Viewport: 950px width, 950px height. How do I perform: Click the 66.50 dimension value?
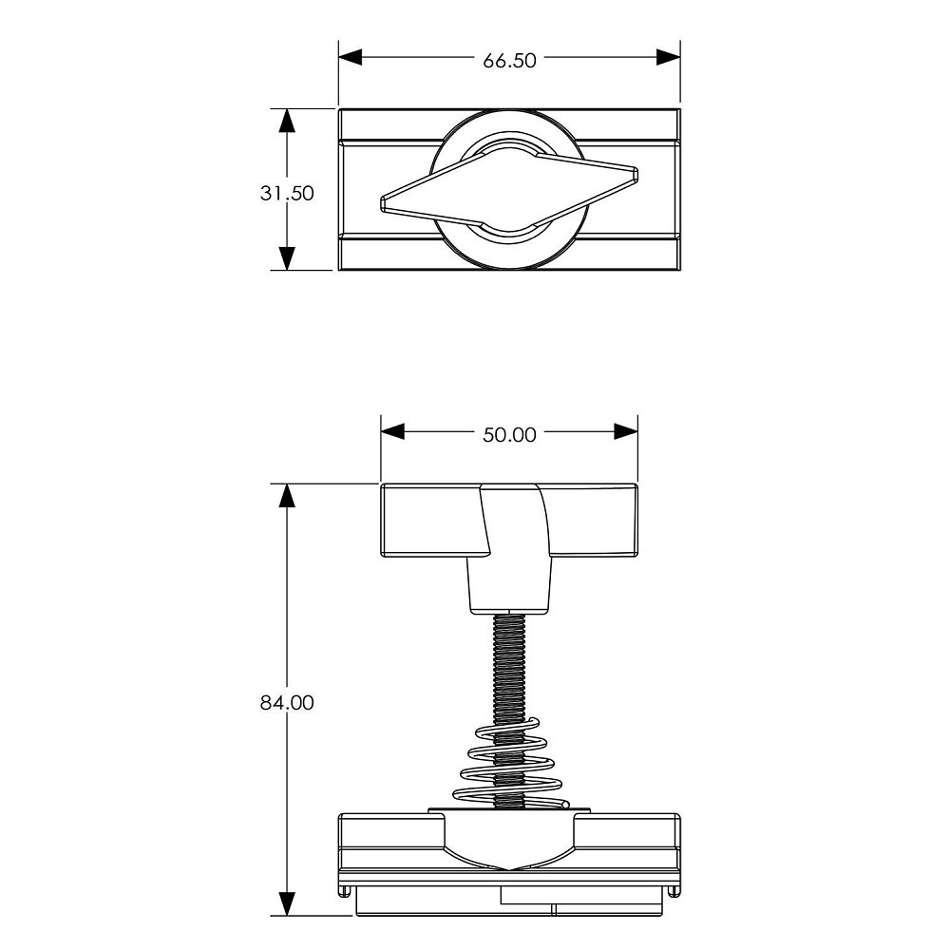click(x=509, y=61)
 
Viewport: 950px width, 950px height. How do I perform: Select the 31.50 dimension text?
click(x=287, y=193)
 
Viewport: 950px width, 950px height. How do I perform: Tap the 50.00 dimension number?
click(x=509, y=435)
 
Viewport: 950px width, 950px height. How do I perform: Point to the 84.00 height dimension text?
click(x=287, y=703)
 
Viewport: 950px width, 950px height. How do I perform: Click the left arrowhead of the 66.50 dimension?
click(x=351, y=58)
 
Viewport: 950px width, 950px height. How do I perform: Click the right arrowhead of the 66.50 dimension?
click(x=668, y=58)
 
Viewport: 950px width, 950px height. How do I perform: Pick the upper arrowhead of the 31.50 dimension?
click(x=287, y=121)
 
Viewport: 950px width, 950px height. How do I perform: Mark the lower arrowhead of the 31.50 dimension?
click(x=287, y=258)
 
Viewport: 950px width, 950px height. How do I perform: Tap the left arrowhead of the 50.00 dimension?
click(x=392, y=432)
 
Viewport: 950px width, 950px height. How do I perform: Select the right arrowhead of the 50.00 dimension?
click(x=626, y=432)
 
